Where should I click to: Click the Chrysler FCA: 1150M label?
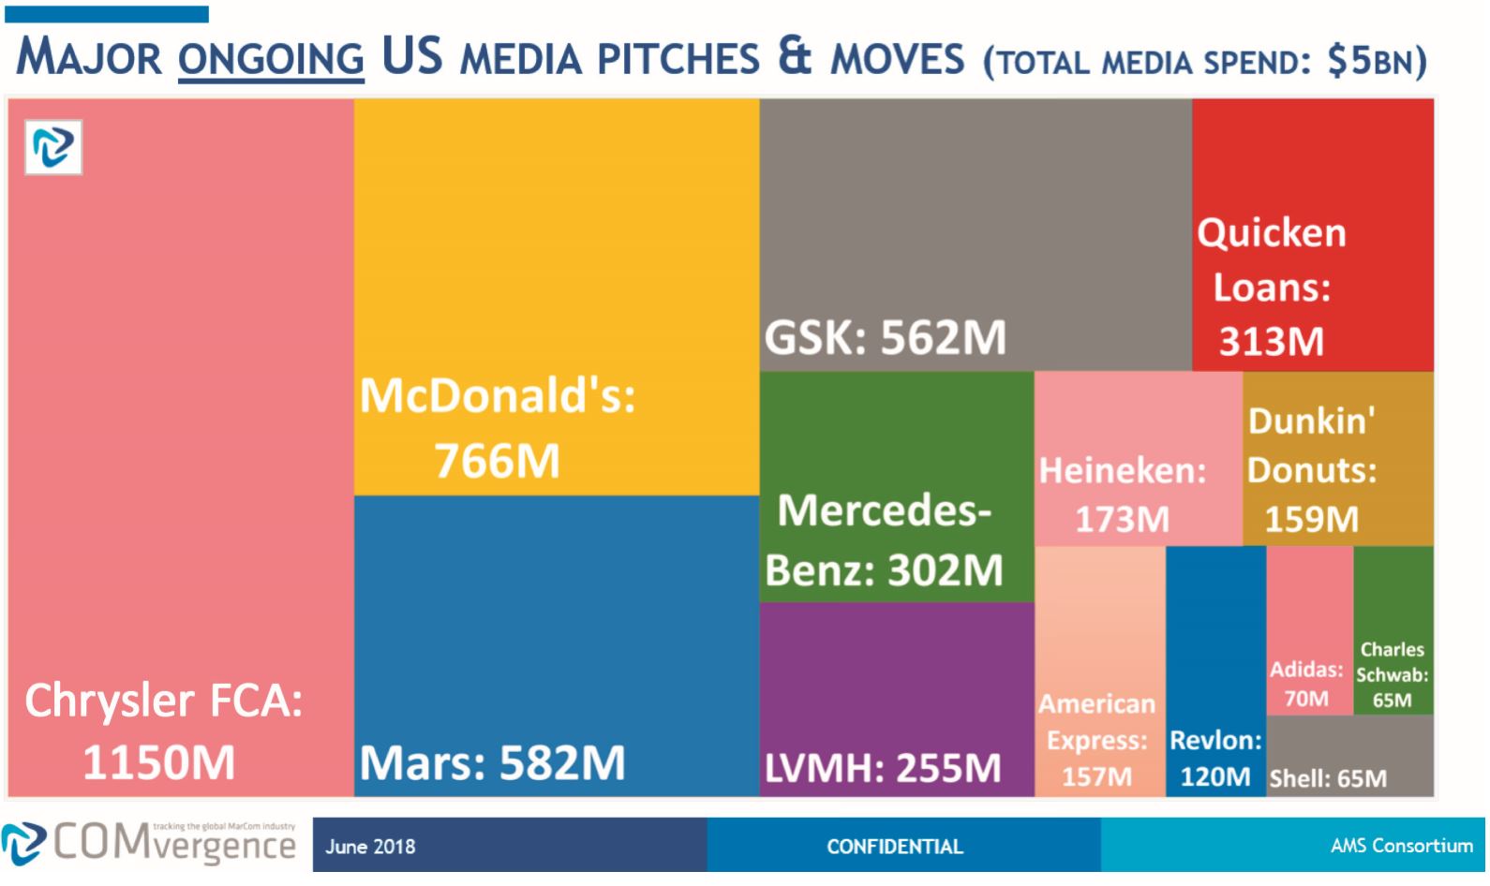(163, 731)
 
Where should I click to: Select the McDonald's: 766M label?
(498, 427)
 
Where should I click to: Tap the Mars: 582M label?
(492, 762)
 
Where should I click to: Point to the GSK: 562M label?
(885, 337)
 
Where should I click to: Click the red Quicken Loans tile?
(1312, 234)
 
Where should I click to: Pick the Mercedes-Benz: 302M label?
(884, 539)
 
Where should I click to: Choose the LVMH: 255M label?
(883, 768)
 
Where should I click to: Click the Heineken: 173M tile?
(1123, 494)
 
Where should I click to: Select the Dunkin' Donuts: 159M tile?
(1312, 469)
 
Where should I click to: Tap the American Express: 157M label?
(1096, 740)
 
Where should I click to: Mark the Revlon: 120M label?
(1215, 758)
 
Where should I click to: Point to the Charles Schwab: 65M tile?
(1392, 674)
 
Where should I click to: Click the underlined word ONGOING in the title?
(270, 58)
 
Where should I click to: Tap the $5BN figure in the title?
(1374, 61)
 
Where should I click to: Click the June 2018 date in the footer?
(370, 847)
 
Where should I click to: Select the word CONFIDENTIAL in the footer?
(894, 847)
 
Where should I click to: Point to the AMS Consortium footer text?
(1401, 846)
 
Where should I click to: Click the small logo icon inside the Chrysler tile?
(53, 147)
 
